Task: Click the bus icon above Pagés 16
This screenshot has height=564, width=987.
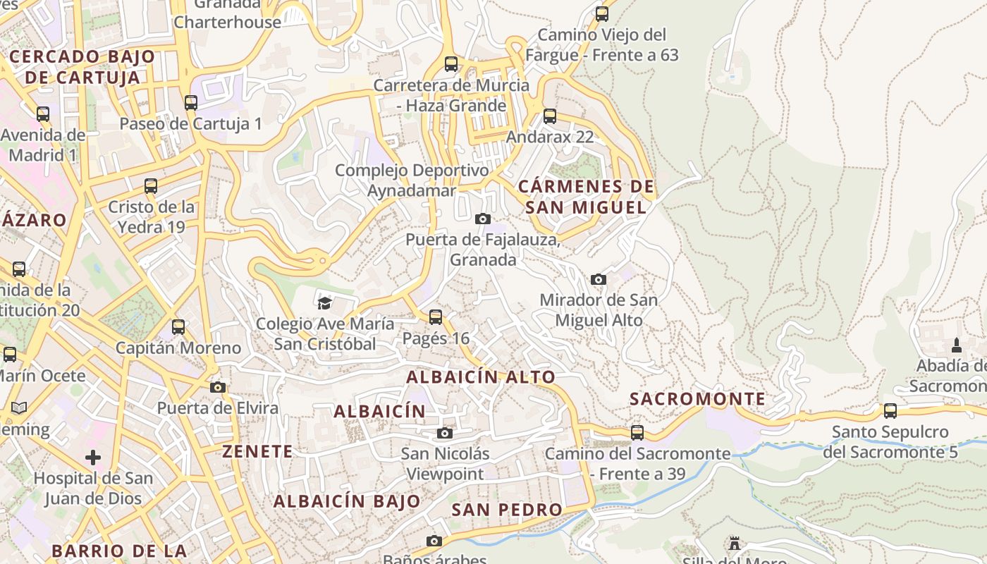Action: coord(436,317)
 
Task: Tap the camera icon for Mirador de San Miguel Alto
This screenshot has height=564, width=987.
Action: coord(599,279)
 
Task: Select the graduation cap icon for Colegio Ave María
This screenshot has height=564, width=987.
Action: coord(324,303)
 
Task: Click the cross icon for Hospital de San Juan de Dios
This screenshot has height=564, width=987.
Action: coord(93,458)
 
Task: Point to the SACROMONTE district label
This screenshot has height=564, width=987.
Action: coord(697,399)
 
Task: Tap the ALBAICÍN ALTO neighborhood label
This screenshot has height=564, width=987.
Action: coord(481,377)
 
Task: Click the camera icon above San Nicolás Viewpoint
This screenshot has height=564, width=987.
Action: coord(444,433)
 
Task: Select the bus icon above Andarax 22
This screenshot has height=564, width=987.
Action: coord(550,116)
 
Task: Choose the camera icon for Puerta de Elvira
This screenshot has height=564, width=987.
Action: coord(218,387)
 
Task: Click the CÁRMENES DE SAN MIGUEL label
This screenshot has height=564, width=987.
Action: coord(586,197)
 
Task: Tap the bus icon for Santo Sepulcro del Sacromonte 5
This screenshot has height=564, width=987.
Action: coord(890,411)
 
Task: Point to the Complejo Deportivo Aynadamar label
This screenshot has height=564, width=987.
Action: coord(412,180)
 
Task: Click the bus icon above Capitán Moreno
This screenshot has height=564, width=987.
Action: coord(178,327)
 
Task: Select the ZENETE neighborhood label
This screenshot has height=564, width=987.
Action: coord(257,452)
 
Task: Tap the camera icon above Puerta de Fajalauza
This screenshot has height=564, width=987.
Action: coord(483,219)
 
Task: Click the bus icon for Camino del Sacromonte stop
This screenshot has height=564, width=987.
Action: coord(637,433)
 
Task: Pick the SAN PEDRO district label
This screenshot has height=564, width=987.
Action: coord(507,510)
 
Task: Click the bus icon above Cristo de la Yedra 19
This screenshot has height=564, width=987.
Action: coord(151,186)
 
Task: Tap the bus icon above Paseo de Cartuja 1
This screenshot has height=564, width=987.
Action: coord(191,103)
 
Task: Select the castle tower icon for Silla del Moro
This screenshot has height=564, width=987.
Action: coord(735,544)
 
